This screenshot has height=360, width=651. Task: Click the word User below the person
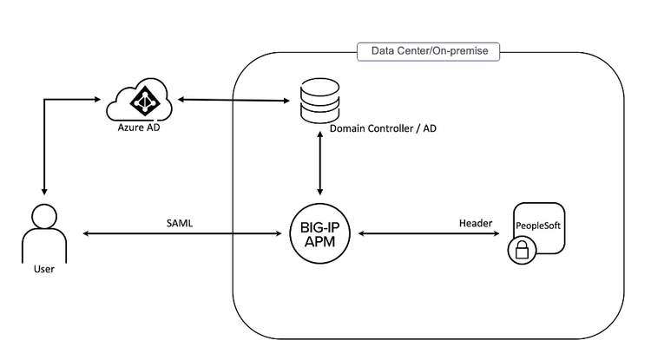point(43,270)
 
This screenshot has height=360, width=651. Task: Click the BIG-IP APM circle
point(320,233)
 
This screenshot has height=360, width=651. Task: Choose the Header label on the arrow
point(476,223)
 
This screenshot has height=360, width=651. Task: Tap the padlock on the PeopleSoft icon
point(522,251)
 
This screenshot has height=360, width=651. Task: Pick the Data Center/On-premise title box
point(429,52)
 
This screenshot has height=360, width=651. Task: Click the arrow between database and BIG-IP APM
point(320,165)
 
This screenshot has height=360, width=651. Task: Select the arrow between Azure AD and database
point(233,99)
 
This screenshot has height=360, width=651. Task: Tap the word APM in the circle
point(320,242)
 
